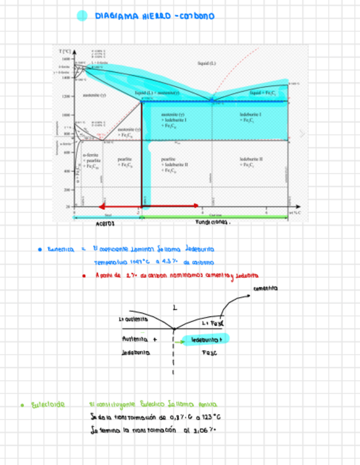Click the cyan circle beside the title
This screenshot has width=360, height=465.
coord(82,16)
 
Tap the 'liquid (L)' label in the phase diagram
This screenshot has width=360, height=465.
coord(207,63)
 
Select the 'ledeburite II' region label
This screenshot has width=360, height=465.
coord(251,159)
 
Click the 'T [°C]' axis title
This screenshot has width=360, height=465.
coord(65,51)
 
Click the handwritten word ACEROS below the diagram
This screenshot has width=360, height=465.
coord(106,224)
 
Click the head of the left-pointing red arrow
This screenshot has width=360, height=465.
coord(101,206)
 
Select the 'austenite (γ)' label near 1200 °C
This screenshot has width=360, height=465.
coord(90,95)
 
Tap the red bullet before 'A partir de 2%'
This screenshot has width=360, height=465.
coord(83,275)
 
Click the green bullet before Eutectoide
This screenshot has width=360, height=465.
coord(22,405)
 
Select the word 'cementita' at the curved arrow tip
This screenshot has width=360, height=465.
coord(266,288)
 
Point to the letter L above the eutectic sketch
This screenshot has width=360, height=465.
coord(175,308)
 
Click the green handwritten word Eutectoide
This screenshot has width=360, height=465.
coord(48,405)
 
